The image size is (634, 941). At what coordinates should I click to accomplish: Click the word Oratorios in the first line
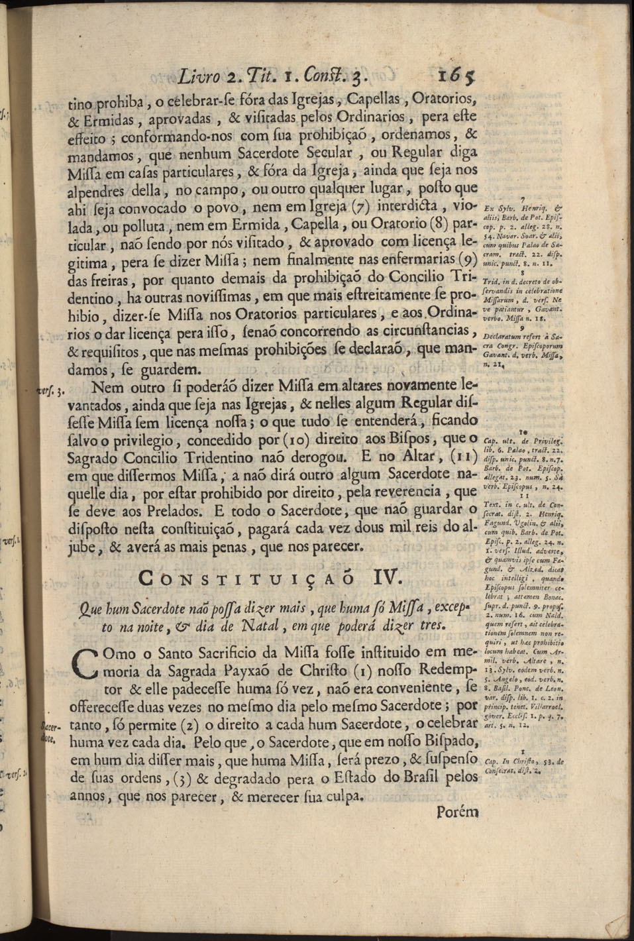[443, 101]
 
